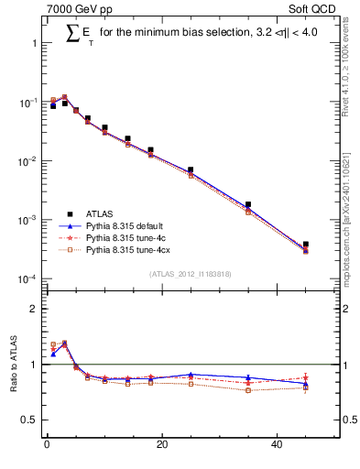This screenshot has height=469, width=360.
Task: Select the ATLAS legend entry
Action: (102, 212)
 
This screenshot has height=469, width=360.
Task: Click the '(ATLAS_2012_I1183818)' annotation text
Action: (190, 273)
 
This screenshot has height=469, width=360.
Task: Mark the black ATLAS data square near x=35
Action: (248, 204)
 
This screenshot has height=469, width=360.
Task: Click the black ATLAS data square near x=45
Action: (306, 245)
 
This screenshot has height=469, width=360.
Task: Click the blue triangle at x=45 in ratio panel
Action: (306, 384)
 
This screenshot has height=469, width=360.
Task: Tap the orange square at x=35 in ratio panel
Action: (248, 390)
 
